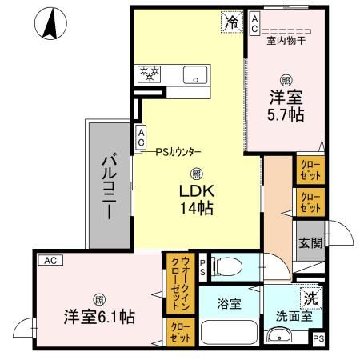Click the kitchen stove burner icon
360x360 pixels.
tap(150, 74)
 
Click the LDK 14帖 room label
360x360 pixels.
tap(195, 200)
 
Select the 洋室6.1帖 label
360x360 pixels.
tap(100, 315)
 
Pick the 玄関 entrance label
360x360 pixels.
tap(310, 243)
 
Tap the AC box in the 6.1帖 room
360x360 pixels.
tap(50, 260)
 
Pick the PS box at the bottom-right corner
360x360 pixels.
tap(318, 340)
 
